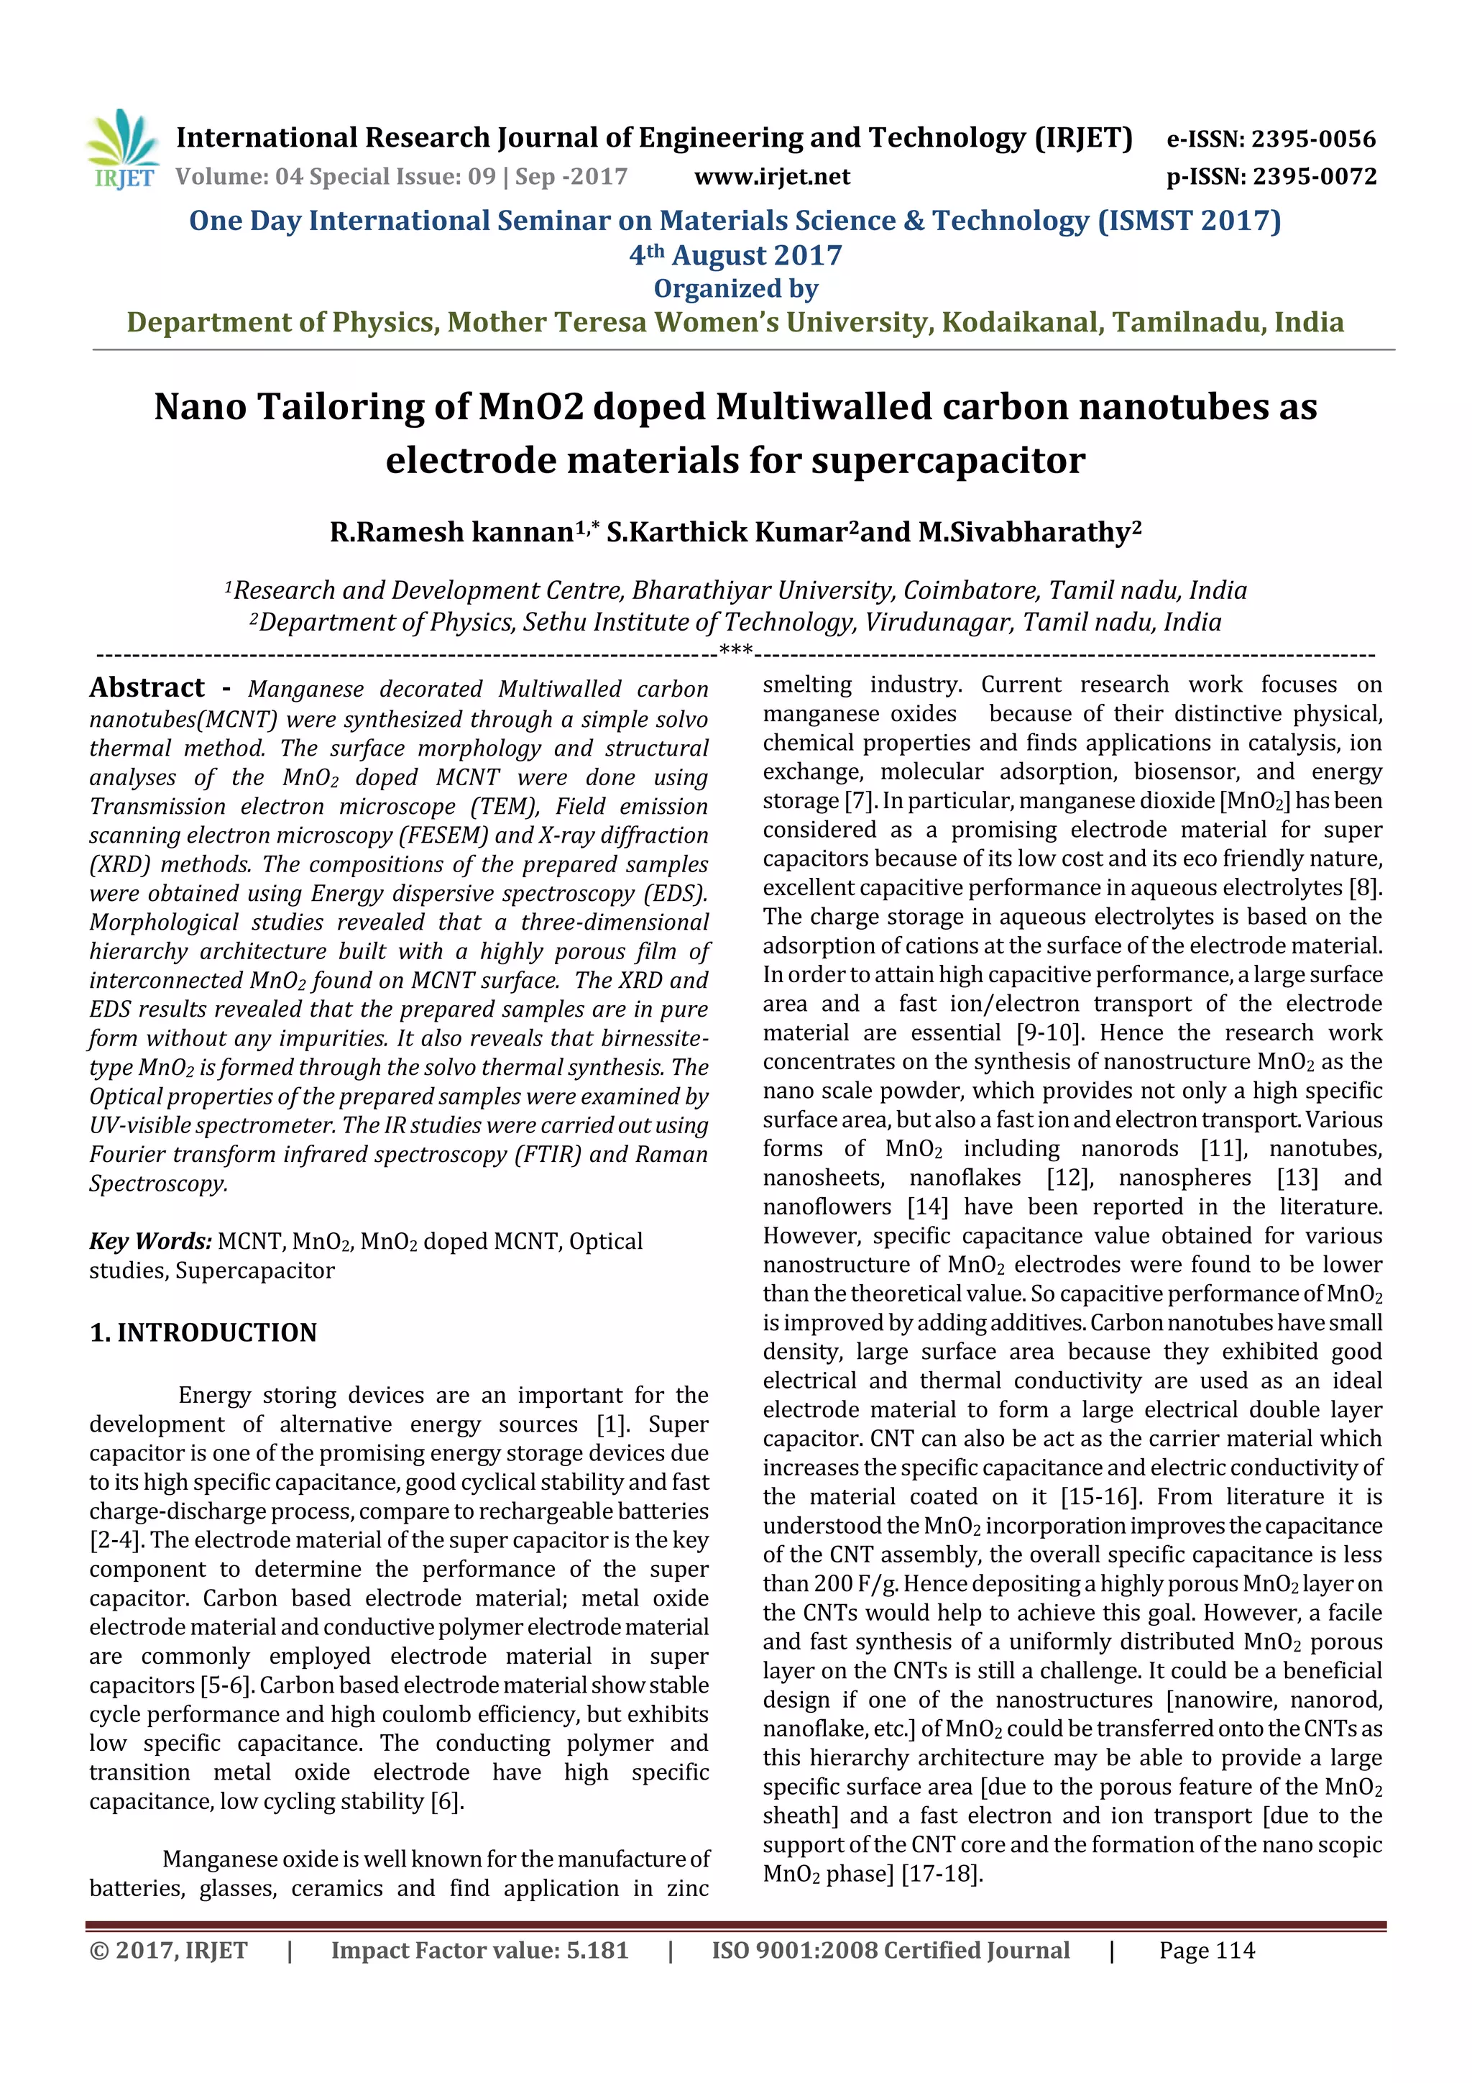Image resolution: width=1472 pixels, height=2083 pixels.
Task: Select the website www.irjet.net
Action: [772, 177]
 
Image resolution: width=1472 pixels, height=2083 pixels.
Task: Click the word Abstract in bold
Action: [147, 687]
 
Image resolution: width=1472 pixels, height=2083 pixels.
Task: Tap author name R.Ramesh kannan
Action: [451, 531]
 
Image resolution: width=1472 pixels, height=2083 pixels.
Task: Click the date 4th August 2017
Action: [735, 256]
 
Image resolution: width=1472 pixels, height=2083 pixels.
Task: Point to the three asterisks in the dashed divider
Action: [735, 649]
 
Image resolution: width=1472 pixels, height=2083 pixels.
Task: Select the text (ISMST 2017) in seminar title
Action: [1189, 221]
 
